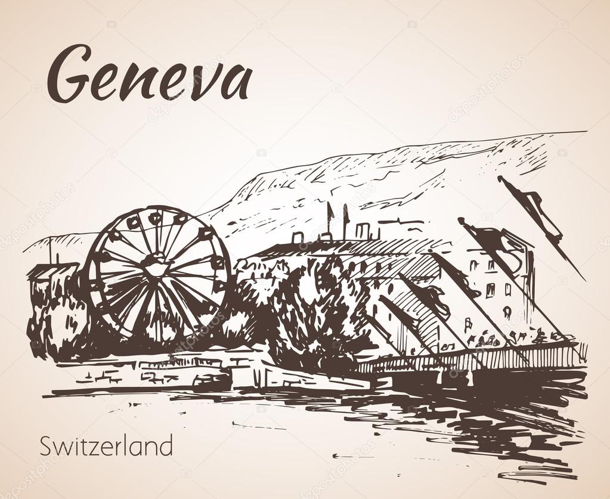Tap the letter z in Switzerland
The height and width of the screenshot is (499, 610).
[93, 448]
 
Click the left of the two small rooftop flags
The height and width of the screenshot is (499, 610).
[329, 212]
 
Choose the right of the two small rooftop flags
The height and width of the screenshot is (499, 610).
[345, 213]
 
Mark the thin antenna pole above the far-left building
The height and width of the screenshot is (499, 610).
[49, 250]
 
